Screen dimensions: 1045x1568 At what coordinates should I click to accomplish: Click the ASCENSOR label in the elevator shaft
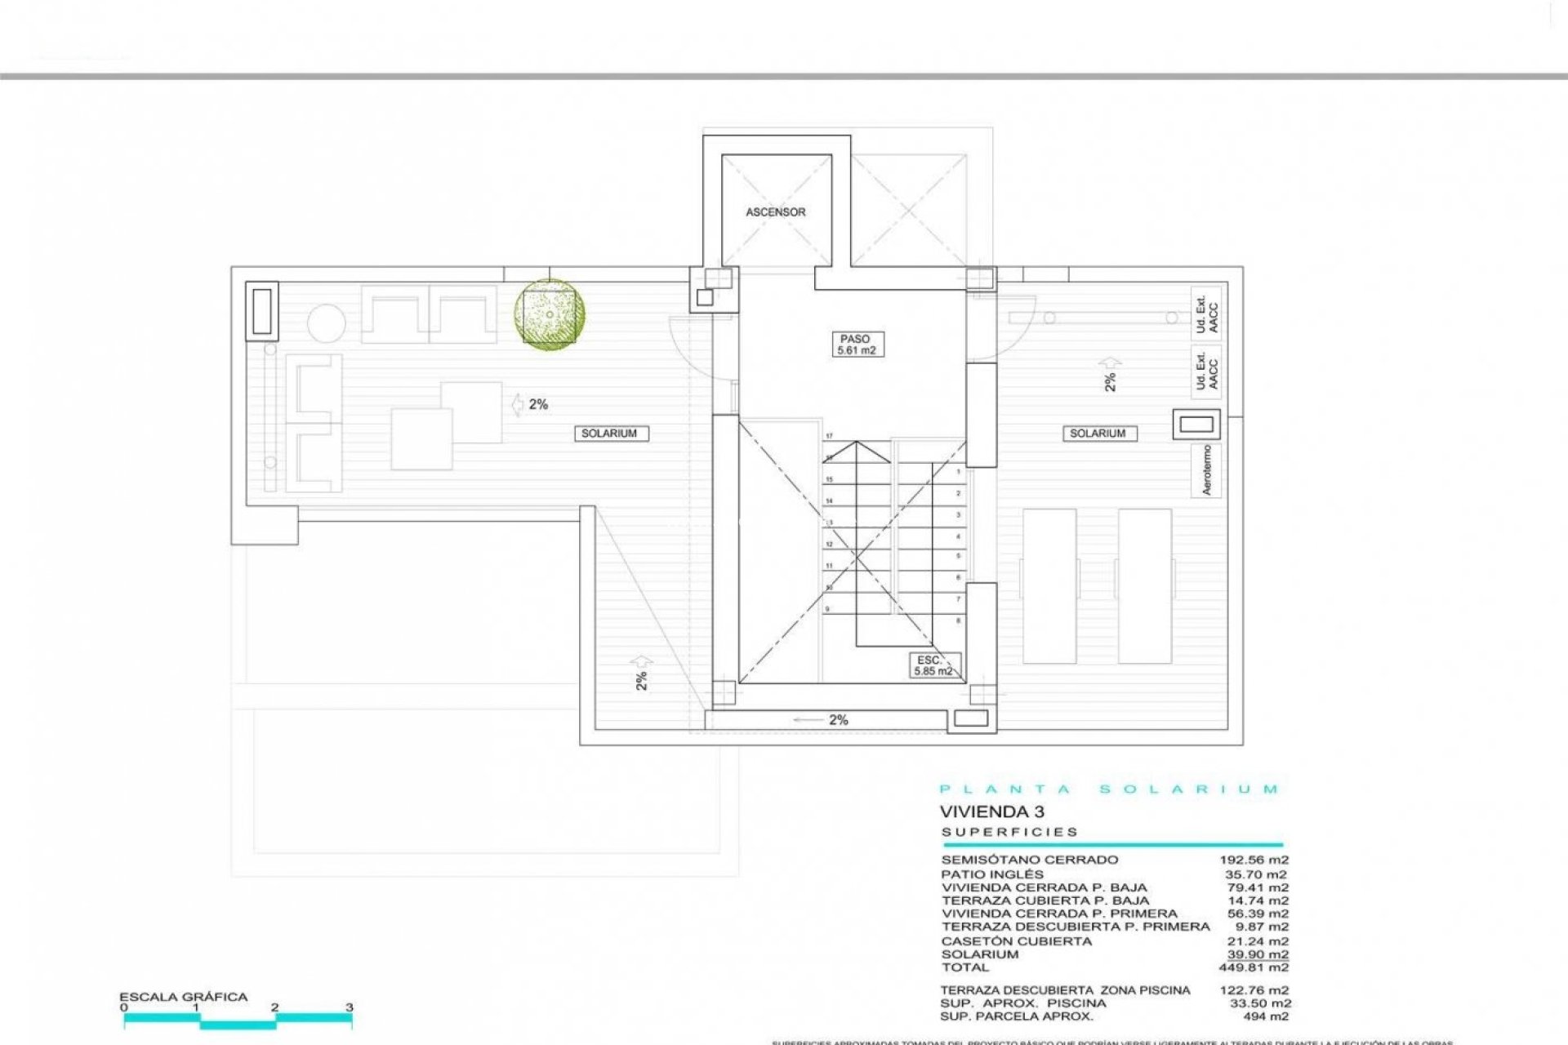[775, 212]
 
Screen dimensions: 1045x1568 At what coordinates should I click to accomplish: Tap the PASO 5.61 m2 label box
[855, 345]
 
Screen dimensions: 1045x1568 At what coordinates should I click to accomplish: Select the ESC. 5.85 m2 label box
[933, 665]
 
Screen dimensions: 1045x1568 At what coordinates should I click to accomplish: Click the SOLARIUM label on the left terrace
[608, 434]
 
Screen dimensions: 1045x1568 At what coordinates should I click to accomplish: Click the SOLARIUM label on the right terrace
[1097, 434]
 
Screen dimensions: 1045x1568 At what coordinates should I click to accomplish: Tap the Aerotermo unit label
[1206, 470]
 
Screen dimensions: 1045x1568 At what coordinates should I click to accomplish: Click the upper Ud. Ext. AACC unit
[1206, 313]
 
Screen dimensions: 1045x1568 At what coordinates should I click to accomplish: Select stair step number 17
[829, 436]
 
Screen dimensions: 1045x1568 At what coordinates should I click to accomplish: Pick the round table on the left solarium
[326, 323]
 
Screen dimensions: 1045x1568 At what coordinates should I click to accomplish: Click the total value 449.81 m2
[1258, 967]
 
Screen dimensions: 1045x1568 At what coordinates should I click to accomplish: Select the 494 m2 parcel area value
[1265, 1016]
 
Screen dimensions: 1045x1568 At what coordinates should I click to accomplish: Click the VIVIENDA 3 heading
[991, 812]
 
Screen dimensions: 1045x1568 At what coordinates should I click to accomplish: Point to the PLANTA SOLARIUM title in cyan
[1109, 789]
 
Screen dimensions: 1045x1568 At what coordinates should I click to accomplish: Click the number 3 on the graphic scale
[349, 1007]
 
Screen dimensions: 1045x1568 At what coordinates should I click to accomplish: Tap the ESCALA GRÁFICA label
[183, 997]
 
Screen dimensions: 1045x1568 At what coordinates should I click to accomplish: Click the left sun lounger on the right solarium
[1049, 585]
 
